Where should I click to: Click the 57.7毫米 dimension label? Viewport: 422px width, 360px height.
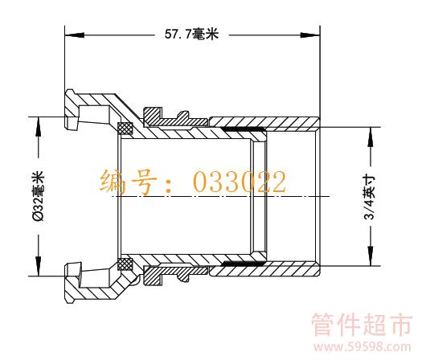click(x=191, y=35)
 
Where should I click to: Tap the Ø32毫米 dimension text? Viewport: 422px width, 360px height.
click(x=38, y=196)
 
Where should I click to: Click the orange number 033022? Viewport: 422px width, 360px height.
click(x=240, y=182)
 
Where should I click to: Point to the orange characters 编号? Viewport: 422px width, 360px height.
click(x=129, y=182)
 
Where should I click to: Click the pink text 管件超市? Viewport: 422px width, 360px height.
click(x=362, y=325)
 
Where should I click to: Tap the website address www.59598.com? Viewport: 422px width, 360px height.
click(x=363, y=347)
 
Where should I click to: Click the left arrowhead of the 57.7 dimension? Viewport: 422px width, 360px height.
click(x=75, y=35)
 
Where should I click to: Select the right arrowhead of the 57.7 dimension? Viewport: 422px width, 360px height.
click(x=310, y=35)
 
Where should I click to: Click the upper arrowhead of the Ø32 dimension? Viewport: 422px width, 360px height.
click(x=39, y=126)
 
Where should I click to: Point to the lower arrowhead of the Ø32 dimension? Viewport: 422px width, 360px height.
click(x=39, y=266)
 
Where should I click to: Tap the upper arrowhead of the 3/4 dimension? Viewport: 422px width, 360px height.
click(x=371, y=137)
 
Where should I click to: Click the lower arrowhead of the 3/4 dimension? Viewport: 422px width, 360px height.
click(x=371, y=256)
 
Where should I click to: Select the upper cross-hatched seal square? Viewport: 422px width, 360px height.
click(x=125, y=128)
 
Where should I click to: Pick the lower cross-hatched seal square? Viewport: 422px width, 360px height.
click(x=125, y=264)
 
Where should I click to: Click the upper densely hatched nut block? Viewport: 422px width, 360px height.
click(x=153, y=117)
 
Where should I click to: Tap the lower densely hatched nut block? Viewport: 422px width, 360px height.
click(x=153, y=276)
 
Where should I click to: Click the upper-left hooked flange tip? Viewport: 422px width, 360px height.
click(x=69, y=92)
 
